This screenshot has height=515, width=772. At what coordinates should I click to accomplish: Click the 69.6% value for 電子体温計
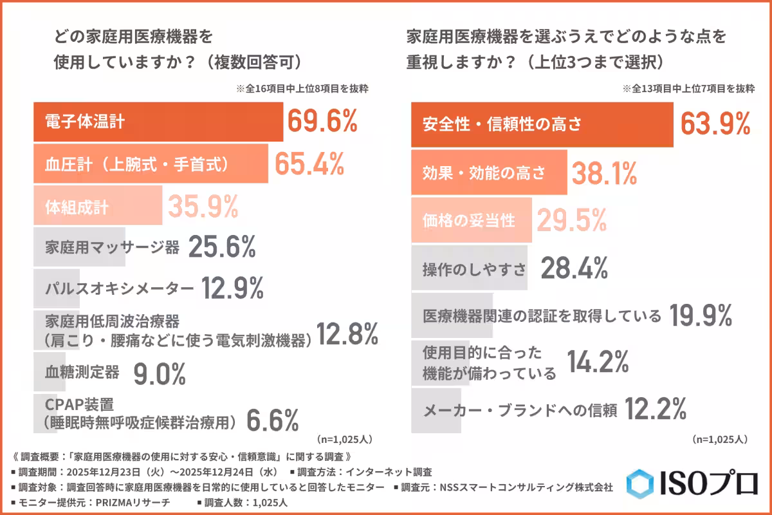322,122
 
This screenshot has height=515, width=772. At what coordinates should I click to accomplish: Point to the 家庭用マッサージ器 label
113,248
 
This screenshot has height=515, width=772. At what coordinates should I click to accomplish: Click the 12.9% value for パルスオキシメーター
232,289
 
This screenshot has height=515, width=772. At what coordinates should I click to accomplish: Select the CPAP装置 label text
80,405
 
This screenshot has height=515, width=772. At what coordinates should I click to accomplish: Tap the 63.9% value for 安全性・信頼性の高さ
715,124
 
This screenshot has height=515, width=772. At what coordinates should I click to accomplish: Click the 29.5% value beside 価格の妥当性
571,221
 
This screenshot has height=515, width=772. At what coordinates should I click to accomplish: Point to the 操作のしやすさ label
475,268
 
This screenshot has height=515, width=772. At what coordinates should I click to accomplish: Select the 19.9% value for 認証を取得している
701,316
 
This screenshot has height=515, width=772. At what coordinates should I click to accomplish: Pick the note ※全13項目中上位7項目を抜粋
688,89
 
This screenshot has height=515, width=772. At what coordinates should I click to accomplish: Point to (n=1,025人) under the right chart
719,440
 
